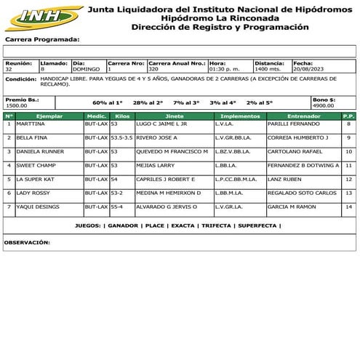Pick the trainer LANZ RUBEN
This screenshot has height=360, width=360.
pyautogui.click(x=283, y=180)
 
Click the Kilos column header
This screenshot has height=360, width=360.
pyautogui.click(x=122, y=116)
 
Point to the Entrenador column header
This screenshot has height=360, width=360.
pyautogui.click(x=303, y=116)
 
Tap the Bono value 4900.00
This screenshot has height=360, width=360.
pyautogui.click(x=323, y=106)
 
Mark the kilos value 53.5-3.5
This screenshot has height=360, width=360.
pyautogui.click(x=121, y=138)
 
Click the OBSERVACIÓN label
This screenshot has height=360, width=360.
pyautogui.click(x=27, y=242)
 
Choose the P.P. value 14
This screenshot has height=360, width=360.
pyautogui.click(x=348, y=207)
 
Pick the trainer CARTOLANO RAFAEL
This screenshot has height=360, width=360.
pyautogui.click(x=294, y=152)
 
